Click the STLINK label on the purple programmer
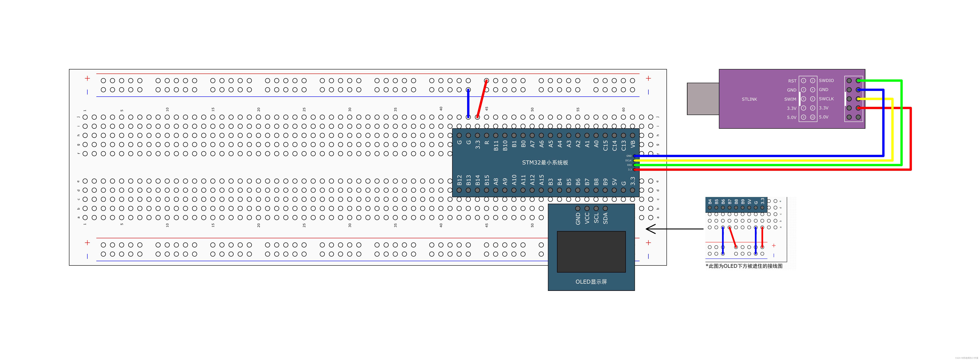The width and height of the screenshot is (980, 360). click(749, 99)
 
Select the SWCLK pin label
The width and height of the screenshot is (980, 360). click(826, 99)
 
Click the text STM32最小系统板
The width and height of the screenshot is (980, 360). click(545, 162)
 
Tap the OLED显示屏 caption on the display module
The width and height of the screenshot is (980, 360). click(591, 282)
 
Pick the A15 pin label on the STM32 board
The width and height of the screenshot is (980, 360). click(541, 180)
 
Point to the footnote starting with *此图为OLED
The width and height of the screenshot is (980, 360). click(744, 266)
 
